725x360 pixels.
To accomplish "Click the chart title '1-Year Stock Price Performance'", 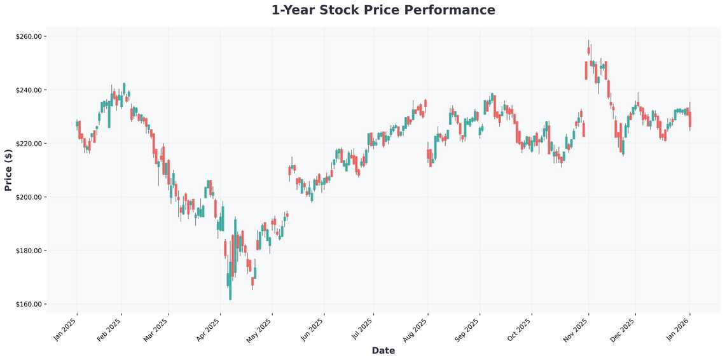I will (383, 10).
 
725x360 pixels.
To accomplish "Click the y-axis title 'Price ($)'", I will (8, 170).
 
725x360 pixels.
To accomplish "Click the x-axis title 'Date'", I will (383, 350).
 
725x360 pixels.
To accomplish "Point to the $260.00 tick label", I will (29, 37).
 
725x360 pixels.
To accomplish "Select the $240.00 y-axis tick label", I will (29, 90).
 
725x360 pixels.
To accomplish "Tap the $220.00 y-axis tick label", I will (29, 144).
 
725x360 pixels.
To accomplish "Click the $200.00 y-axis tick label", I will (29, 197).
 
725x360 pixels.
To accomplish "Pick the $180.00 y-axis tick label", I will (29, 251).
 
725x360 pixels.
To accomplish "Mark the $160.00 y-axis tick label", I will (29, 304).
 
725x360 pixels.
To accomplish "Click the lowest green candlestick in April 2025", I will (230, 286).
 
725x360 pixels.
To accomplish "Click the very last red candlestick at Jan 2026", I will (690, 120).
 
